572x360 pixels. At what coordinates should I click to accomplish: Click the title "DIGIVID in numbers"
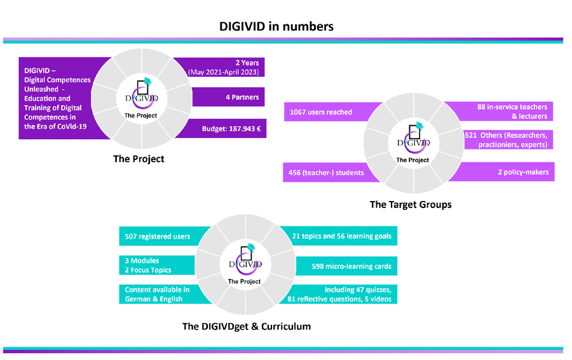[x=276, y=26]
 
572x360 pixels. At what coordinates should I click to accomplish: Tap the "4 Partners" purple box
[x=228, y=97]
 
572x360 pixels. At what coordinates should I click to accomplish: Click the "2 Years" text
[x=247, y=63]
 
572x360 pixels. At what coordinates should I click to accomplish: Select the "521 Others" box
[x=508, y=140]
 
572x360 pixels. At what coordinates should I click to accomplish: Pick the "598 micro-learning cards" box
[x=346, y=266]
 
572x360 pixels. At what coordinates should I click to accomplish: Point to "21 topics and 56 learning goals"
[x=341, y=236]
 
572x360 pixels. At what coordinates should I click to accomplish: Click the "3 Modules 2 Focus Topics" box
[x=157, y=265]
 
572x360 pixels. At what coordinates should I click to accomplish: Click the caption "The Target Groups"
[x=411, y=204]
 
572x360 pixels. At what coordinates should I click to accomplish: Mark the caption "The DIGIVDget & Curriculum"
[x=247, y=326]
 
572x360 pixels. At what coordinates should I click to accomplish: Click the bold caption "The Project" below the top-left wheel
[x=139, y=159]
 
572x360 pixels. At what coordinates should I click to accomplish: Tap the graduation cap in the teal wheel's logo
[x=250, y=247]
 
